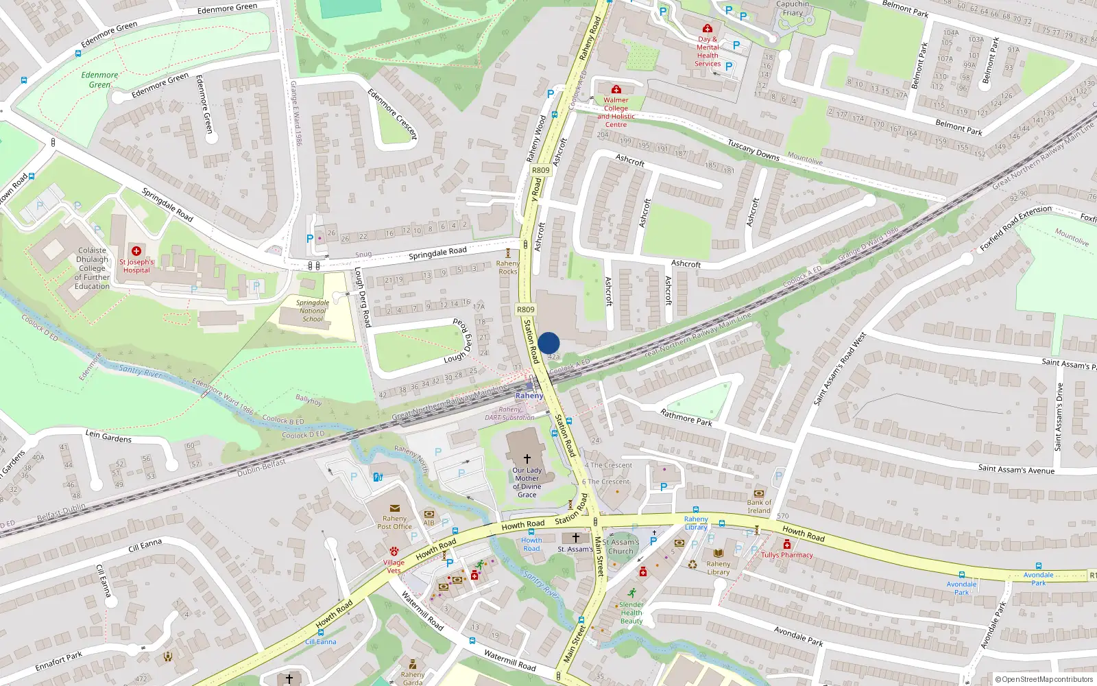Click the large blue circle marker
(548, 343)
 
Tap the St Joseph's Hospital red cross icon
(136, 251)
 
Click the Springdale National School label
(313, 311)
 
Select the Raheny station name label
(529, 396)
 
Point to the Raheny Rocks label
(508, 268)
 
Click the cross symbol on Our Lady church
(527, 458)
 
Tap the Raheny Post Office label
(394, 523)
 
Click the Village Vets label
(394, 567)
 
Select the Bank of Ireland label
(759, 506)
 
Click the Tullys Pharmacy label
(787, 555)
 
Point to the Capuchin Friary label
(793, 8)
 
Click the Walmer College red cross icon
(616, 89)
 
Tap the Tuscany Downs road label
(754, 150)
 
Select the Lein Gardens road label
(108, 436)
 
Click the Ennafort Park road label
(58, 662)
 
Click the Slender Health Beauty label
(631, 613)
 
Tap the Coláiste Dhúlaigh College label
(92, 268)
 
